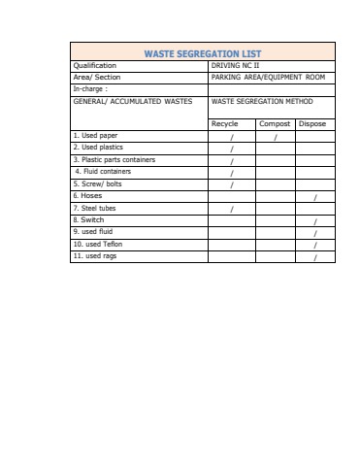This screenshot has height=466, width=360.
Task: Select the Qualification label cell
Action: [95, 65]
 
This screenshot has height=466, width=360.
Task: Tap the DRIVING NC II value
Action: [236, 65]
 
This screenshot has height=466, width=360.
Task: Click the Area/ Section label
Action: [97, 76]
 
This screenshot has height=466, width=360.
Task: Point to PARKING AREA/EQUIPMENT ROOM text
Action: [268, 76]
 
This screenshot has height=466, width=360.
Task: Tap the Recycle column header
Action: [224, 124]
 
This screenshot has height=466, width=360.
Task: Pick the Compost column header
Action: [275, 124]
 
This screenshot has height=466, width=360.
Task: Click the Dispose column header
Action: [312, 124]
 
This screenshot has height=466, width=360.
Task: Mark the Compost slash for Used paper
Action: [276, 137]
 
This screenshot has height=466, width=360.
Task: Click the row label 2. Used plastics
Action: [98, 148]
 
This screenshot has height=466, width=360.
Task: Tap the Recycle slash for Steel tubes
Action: [232, 209]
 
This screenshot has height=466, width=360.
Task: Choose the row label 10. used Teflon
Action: [98, 245]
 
